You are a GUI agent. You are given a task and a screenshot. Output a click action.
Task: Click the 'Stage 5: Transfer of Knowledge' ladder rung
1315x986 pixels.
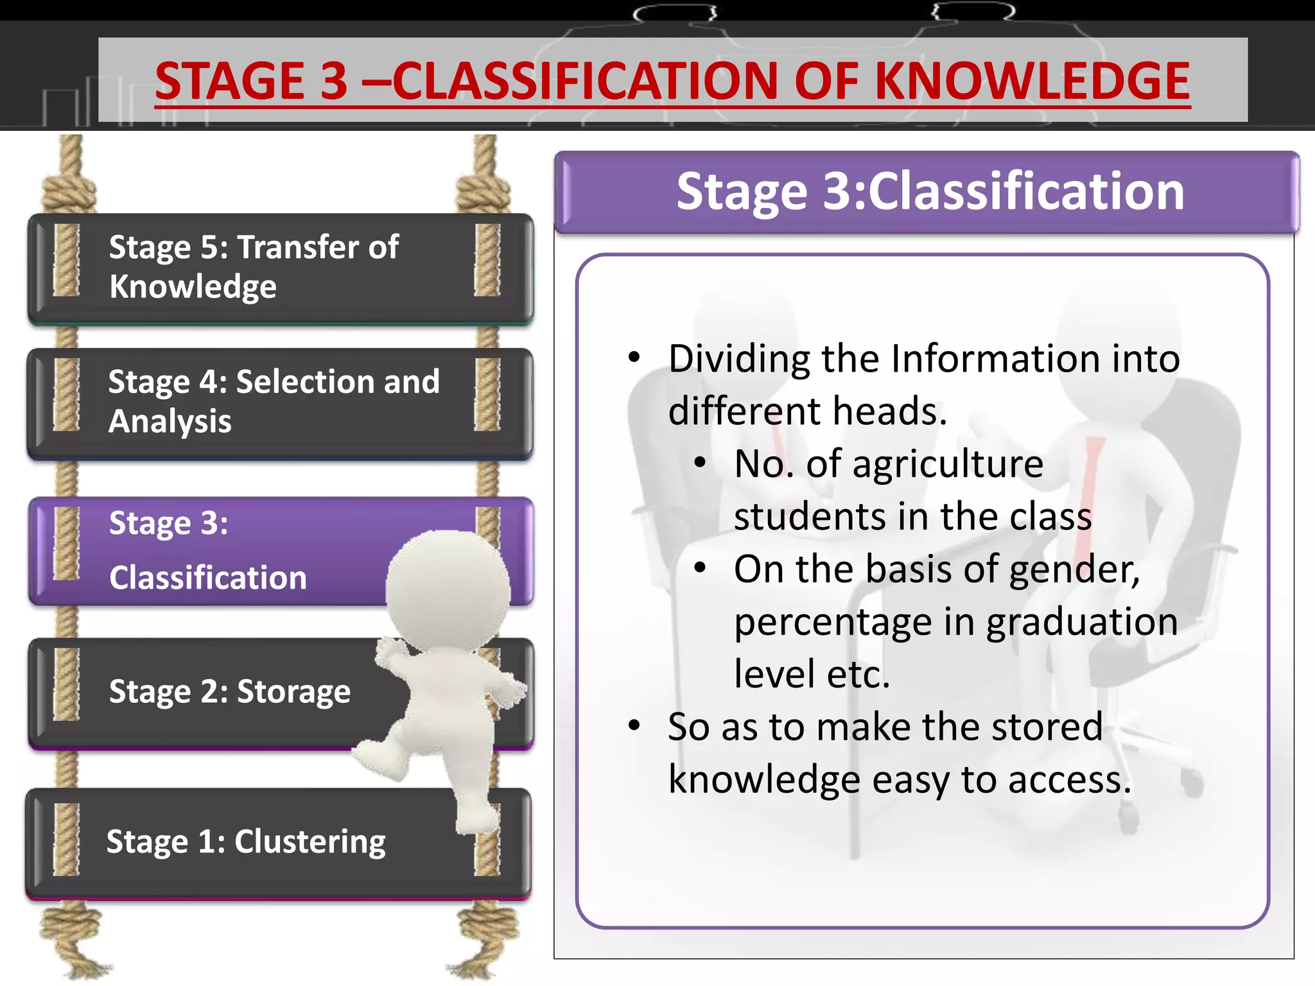(x=280, y=268)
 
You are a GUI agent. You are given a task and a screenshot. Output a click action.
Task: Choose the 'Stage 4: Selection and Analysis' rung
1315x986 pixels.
(x=280, y=402)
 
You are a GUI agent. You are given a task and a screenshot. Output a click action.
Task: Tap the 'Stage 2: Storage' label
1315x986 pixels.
(x=229, y=691)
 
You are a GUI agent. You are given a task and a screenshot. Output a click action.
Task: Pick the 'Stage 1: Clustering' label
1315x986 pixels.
(x=246, y=842)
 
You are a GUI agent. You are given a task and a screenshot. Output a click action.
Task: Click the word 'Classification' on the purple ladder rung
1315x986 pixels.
(x=207, y=578)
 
